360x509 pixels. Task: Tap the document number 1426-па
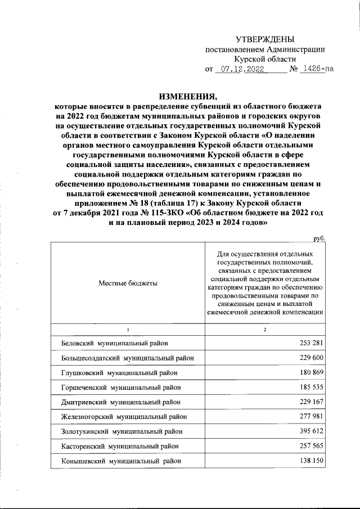[315, 70]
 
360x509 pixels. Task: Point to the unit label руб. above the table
[319, 239]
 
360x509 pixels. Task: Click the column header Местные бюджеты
[128, 283]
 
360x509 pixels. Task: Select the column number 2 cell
[264, 329]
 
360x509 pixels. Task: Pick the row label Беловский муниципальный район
[114, 343]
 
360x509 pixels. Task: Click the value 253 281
[308, 343]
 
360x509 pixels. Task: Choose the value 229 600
[308, 358]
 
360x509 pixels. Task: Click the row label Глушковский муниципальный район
[119, 372]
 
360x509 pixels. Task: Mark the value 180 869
[308, 372]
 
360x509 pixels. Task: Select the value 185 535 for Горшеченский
[308, 388]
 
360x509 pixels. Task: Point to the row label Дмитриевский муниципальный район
[121, 402]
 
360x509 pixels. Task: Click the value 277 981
[308, 417]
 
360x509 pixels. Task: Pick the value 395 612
[308, 431]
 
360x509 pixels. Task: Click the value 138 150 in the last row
[308, 461]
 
